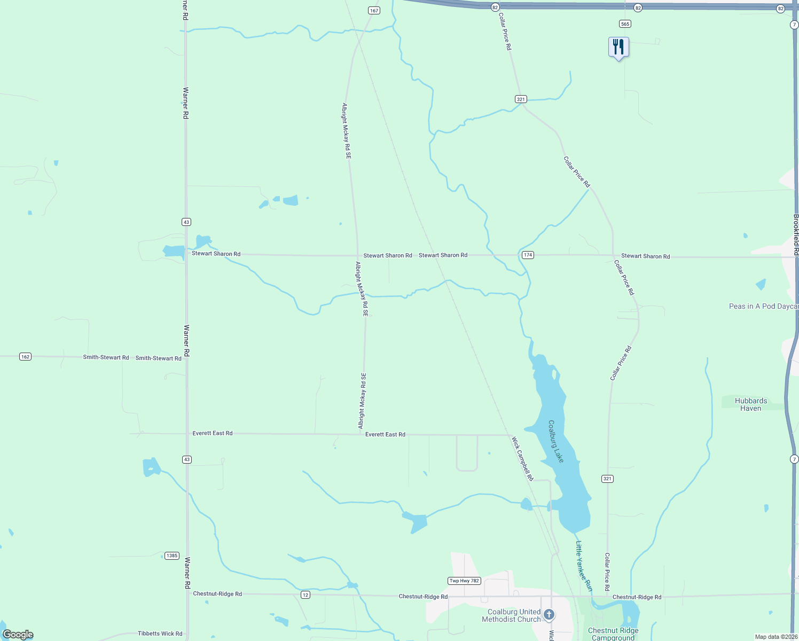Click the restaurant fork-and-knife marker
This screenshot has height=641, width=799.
(618, 47)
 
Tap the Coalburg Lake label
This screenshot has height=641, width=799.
(556, 441)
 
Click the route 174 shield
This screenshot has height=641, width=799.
(528, 255)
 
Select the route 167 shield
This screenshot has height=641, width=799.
(374, 11)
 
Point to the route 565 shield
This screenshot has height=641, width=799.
(625, 24)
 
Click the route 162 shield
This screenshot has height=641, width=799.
(25, 356)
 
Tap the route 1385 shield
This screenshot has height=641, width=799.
(171, 556)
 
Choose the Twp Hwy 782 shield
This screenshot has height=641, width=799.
(464, 581)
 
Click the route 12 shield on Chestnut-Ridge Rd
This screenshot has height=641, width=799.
(305, 595)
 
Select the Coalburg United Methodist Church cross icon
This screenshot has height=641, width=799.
(549, 615)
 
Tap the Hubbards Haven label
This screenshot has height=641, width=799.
(750, 404)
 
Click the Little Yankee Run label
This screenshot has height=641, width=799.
(584, 566)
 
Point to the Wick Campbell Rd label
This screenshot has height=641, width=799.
(522, 459)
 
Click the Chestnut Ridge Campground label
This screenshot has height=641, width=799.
(613, 634)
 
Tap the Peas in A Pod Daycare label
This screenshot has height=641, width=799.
(763, 306)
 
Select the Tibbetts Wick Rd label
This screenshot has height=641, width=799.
(160, 634)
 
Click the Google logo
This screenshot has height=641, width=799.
(18, 635)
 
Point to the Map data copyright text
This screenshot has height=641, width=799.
(775, 637)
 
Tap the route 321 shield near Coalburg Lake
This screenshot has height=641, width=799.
(607, 479)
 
